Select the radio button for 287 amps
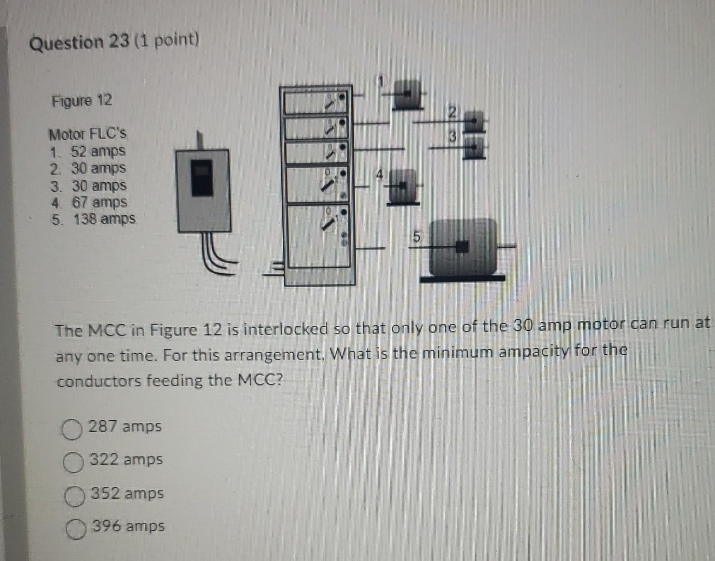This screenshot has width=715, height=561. (x=72, y=430)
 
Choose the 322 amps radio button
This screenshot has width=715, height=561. (x=73, y=462)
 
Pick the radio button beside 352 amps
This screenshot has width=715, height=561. (x=74, y=496)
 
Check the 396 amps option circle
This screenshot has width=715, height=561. (x=76, y=529)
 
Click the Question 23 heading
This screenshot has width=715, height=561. (x=79, y=42)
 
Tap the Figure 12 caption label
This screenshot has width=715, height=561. (x=81, y=100)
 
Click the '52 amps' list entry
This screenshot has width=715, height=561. (x=98, y=152)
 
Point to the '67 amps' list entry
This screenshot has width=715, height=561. (x=99, y=202)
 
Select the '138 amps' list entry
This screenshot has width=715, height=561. (x=104, y=219)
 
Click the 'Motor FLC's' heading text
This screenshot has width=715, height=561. (x=87, y=134)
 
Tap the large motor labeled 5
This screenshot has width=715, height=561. (x=462, y=248)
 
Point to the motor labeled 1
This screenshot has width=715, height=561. (x=408, y=94)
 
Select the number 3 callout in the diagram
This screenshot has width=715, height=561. (x=452, y=137)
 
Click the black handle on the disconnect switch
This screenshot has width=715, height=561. (x=202, y=178)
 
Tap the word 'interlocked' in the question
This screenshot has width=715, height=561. (x=284, y=329)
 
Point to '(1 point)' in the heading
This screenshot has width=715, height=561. (x=167, y=39)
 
